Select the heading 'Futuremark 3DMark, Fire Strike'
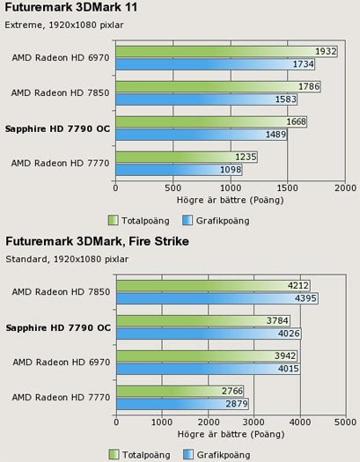[x=96, y=241]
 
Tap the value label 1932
[x=326, y=52]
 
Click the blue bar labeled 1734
[x=202, y=64]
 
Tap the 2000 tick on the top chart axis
[x=345, y=187]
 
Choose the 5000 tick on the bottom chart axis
[x=345, y=422]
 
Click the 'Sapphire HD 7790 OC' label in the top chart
[x=57, y=128]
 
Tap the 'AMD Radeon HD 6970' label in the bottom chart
[x=61, y=362]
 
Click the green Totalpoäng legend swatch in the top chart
[x=113, y=219]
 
